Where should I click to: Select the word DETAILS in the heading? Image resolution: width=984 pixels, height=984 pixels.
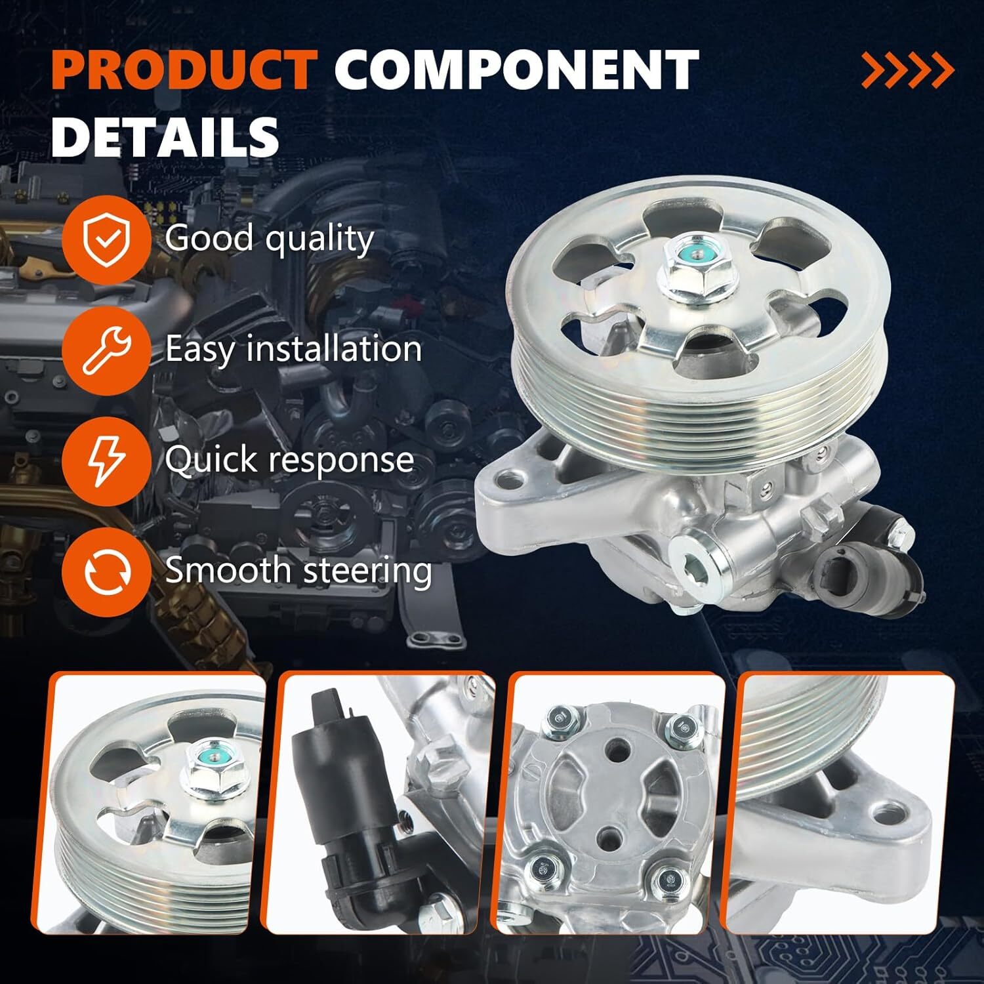tap(165, 136)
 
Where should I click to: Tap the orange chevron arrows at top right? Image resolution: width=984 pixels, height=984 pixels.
tap(908, 71)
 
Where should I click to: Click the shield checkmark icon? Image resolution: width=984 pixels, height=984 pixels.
tap(106, 239)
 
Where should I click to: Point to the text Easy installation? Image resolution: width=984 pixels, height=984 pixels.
tap(293, 348)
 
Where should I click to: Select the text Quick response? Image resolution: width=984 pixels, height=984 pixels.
tap(289, 459)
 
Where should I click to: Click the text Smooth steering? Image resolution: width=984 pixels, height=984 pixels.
tap(298, 569)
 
